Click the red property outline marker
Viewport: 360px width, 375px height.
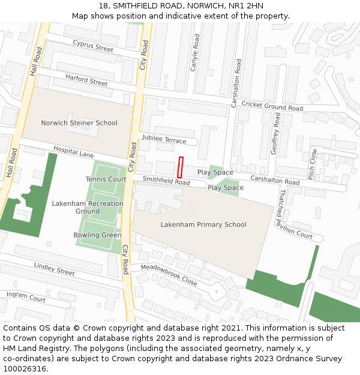[x=180, y=167]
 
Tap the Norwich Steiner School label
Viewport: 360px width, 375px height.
[x=79, y=123]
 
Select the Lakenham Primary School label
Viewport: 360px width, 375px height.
[x=203, y=224]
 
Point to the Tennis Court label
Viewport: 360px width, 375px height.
[x=106, y=179]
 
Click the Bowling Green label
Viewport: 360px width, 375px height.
[x=97, y=235]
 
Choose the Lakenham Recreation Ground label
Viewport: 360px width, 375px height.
[x=88, y=207]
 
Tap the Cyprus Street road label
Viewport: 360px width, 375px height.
[x=93, y=46]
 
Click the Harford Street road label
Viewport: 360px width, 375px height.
[x=86, y=80]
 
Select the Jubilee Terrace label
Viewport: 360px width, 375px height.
[x=164, y=139]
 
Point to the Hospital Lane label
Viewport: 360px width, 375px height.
[x=73, y=152]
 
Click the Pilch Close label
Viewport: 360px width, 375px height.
[x=312, y=164]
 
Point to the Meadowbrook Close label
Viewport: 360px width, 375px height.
[x=169, y=275]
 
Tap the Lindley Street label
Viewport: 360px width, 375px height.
[x=54, y=269]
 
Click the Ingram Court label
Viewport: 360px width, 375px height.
[x=26, y=296]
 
